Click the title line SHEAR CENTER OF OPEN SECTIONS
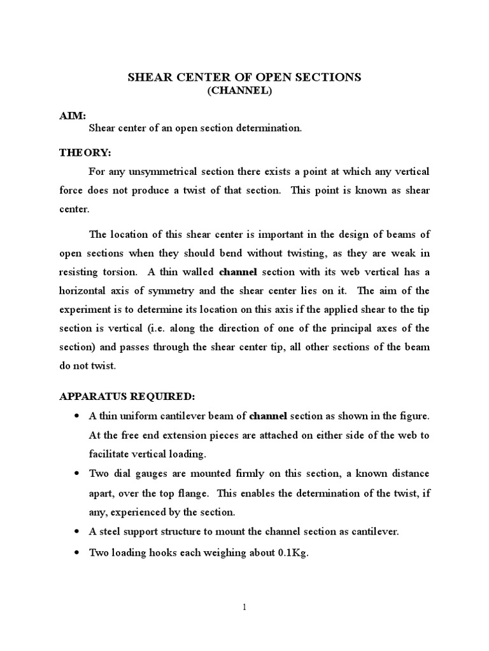244,78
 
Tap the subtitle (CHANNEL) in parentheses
244,92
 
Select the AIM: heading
72,115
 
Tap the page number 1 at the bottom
244,607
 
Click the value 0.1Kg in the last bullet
291,553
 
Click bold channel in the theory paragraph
237,271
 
